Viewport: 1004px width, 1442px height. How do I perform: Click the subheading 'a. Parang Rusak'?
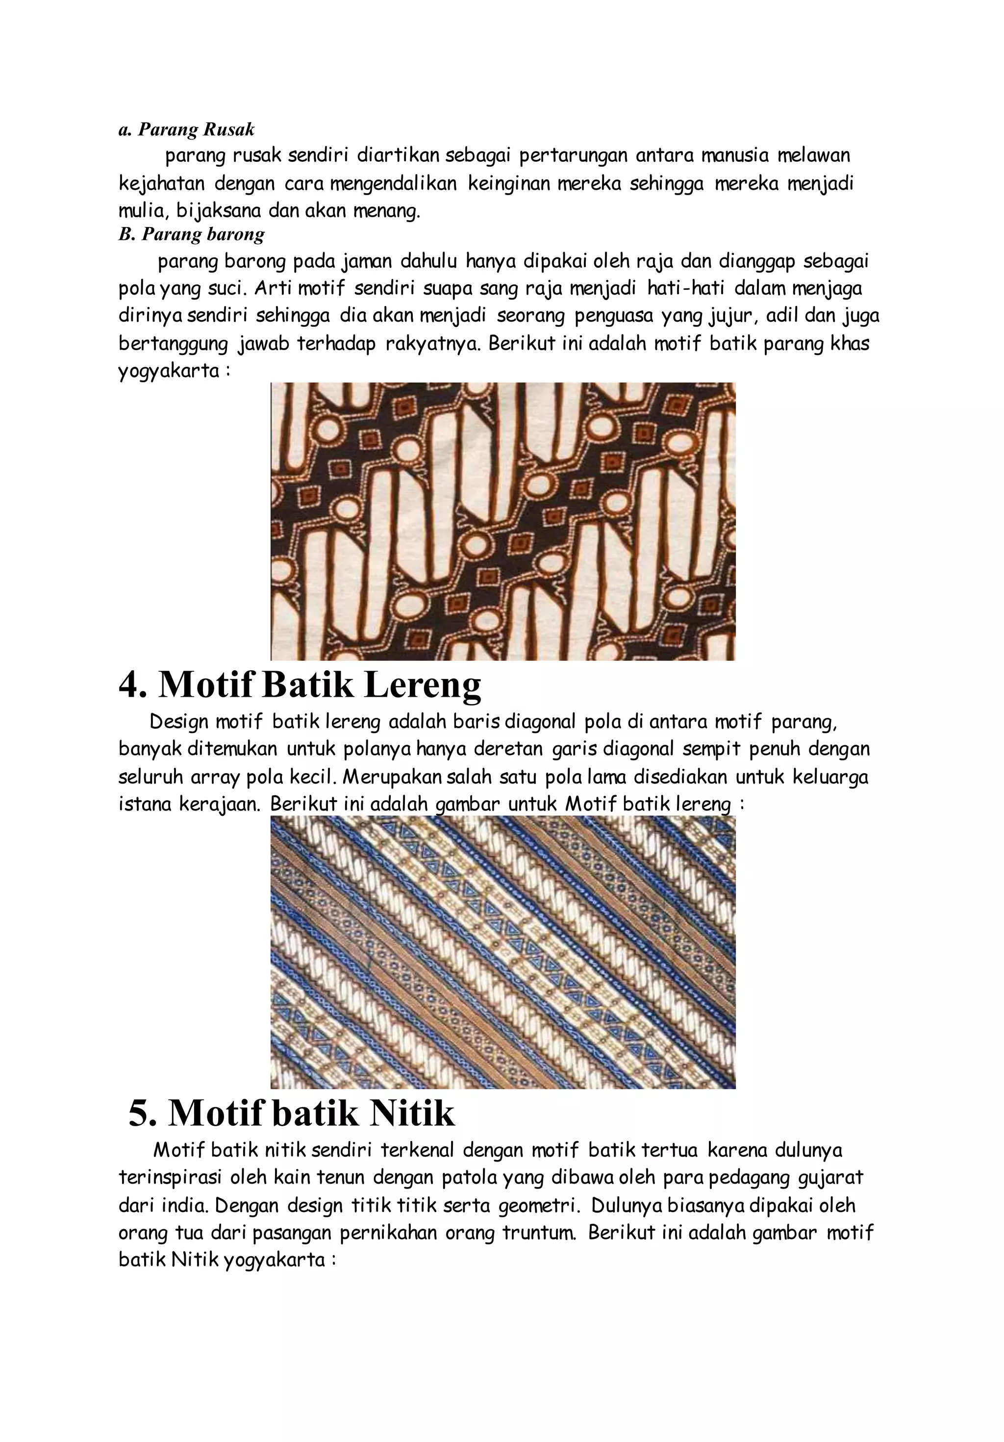(186, 129)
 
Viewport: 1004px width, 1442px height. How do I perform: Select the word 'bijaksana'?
(218, 210)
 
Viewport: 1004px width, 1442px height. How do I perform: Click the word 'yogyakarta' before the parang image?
(169, 371)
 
